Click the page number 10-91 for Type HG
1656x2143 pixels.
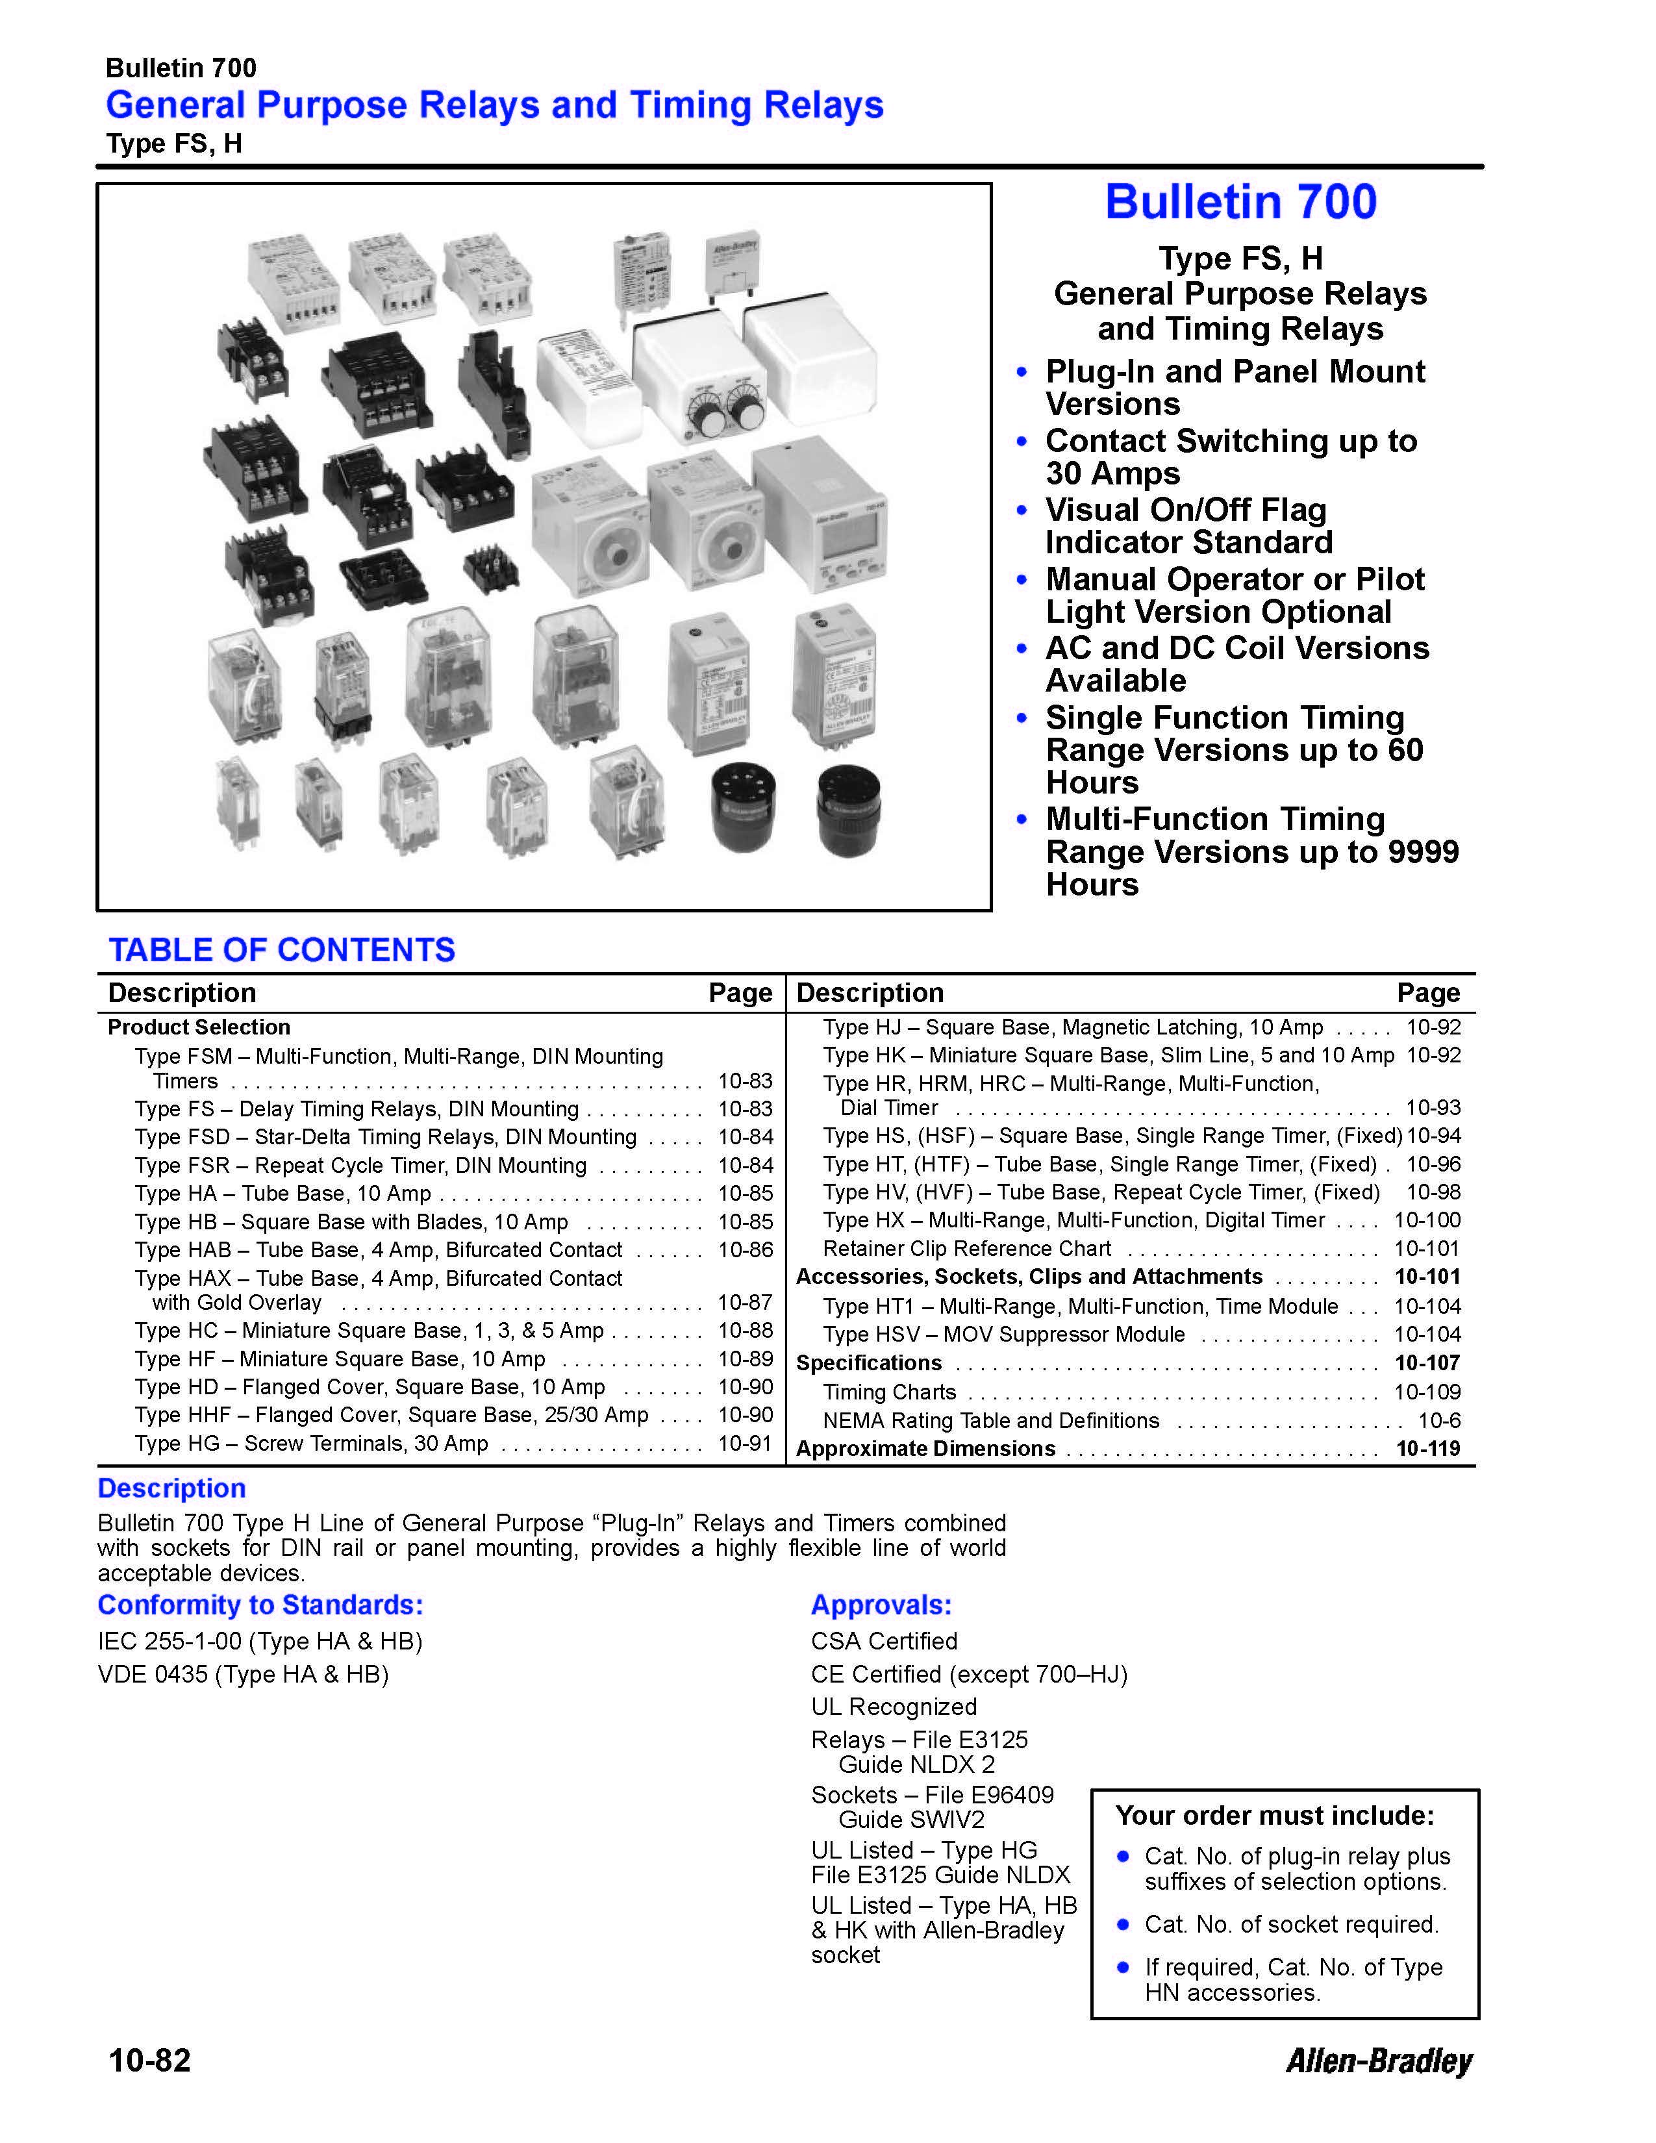[x=746, y=1444]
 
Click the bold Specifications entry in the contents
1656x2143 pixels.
[x=868, y=1363]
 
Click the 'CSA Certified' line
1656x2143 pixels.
[x=884, y=1640]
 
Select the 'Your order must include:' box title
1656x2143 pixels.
[x=1274, y=1815]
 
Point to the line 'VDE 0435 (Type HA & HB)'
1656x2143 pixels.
[x=244, y=1674]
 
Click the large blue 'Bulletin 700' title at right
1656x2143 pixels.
[x=1240, y=202]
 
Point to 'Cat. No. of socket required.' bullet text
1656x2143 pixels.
[x=1291, y=1924]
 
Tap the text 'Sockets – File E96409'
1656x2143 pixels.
[x=932, y=1795]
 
